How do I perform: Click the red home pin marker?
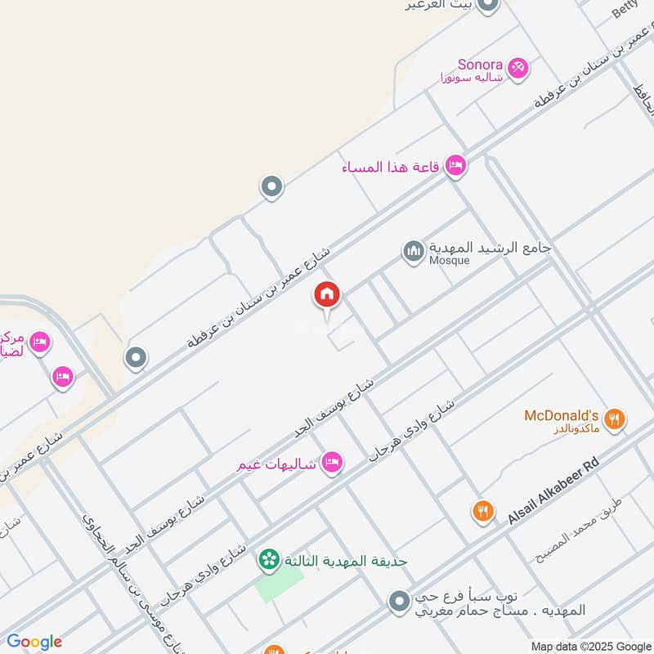pyautogui.click(x=327, y=296)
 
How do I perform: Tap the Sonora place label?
pyautogui.click(x=479, y=63)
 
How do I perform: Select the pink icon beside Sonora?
pyautogui.click(x=517, y=69)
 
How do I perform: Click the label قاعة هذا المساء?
pyautogui.click(x=391, y=168)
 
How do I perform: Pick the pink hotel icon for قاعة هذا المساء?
pyautogui.click(x=455, y=167)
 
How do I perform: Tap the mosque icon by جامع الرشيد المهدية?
pyautogui.click(x=413, y=252)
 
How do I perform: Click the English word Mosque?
pyautogui.click(x=450, y=261)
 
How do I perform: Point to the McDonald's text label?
pyautogui.click(x=562, y=415)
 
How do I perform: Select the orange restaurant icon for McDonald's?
pyautogui.click(x=616, y=420)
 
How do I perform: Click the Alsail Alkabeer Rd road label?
pyautogui.click(x=553, y=490)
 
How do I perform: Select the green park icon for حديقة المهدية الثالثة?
pyautogui.click(x=267, y=560)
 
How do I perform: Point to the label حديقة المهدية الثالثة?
pyautogui.click(x=346, y=561)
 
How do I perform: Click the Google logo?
pyautogui.click(x=34, y=642)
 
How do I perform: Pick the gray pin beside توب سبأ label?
pyautogui.click(x=398, y=602)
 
